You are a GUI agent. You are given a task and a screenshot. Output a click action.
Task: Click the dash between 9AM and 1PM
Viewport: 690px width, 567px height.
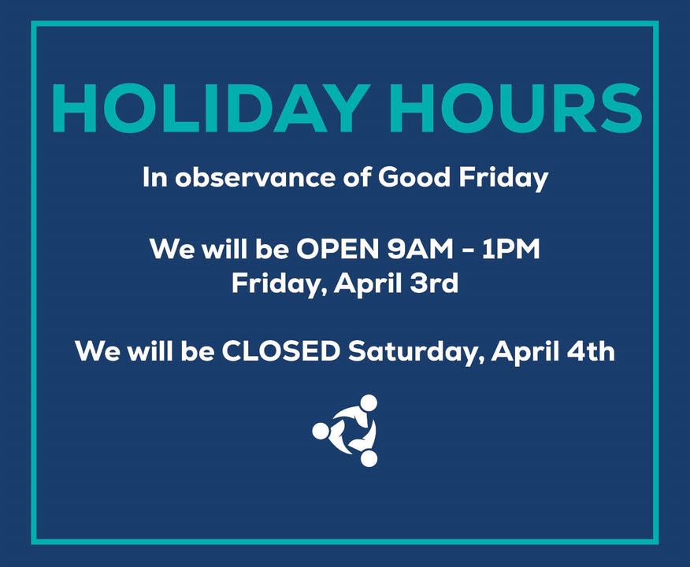click(x=468, y=251)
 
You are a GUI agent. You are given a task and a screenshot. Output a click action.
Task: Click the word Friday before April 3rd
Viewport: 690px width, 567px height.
click(x=279, y=283)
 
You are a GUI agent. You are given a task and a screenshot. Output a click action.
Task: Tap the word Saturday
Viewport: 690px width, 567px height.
click(x=414, y=351)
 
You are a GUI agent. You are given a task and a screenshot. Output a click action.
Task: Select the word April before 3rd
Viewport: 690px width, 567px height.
click(x=370, y=283)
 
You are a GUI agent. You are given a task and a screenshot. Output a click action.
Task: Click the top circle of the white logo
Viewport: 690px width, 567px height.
click(x=368, y=403)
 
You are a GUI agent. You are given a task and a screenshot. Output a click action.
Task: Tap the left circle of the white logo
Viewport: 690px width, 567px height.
click(x=320, y=431)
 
